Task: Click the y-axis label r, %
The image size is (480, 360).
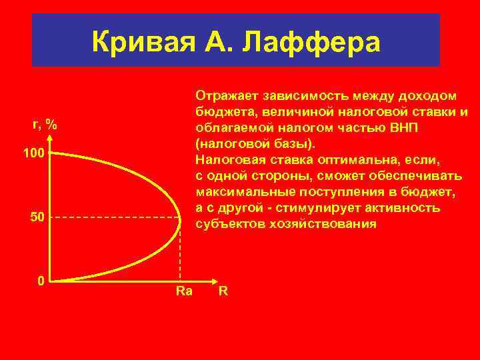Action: point(45,124)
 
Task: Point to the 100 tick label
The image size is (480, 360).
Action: point(33,154)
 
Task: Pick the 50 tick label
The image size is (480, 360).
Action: point(36,218)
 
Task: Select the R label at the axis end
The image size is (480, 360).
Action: point(224,291)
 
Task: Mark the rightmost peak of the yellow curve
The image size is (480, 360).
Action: point(181,217)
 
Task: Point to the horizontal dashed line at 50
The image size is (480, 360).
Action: point(113,217)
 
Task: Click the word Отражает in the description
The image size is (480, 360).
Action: point(226,95)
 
